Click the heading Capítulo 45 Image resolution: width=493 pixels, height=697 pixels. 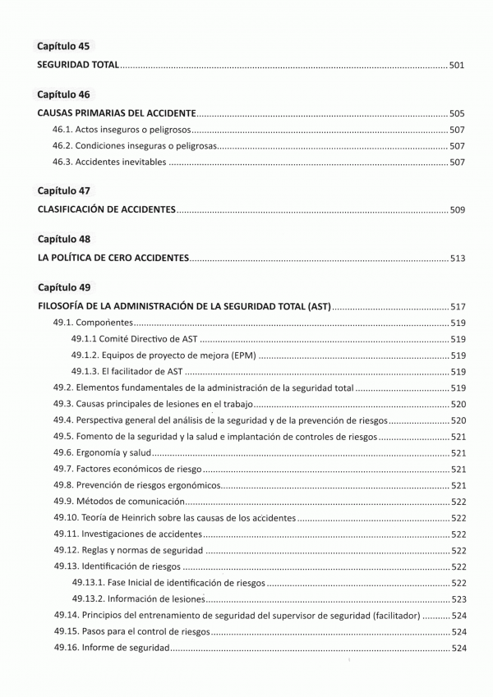[64, 46]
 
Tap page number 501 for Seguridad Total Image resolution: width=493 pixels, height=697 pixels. [458, 63]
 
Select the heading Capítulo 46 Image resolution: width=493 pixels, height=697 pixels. [64, 95]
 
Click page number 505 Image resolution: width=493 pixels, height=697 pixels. [458, 112]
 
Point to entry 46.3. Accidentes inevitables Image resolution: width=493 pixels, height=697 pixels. [109, 162]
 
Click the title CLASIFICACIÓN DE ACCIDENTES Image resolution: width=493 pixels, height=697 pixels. [107, 210]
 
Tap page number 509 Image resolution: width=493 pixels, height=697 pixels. [458, 210]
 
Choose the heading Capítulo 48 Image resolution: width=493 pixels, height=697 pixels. [64, 239]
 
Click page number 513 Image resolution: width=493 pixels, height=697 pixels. [458, 259]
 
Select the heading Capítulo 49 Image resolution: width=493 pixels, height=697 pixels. [64, 288]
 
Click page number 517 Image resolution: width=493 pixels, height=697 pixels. [458, 307]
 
